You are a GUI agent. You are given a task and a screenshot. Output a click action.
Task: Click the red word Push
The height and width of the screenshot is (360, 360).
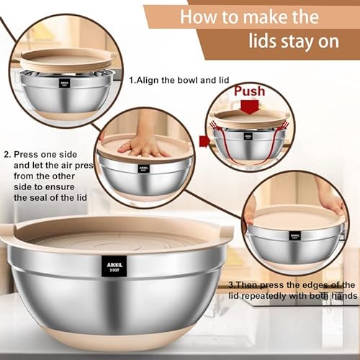[249, 92]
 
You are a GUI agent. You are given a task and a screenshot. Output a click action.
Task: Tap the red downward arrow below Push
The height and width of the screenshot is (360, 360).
[249, 108]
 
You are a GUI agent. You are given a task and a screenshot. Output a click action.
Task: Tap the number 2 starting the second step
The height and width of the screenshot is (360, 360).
[6, 153]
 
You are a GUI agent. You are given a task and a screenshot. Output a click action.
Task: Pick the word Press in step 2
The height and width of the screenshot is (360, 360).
[27, 153]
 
